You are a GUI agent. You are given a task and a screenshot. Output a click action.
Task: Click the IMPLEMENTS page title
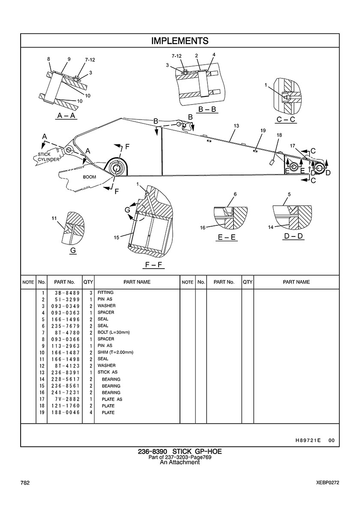180,41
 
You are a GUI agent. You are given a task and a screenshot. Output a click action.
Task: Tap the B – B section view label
207,110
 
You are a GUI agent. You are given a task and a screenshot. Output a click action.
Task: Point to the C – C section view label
286,119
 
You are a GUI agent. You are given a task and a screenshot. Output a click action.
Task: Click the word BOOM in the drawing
90,177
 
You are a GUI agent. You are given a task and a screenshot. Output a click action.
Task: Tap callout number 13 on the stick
236,126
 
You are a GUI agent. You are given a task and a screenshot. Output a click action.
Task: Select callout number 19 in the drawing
263,130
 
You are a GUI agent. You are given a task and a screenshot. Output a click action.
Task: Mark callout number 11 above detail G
54,219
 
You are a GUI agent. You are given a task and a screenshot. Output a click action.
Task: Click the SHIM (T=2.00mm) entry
115,352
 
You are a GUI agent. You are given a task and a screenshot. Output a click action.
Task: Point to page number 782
25,483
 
